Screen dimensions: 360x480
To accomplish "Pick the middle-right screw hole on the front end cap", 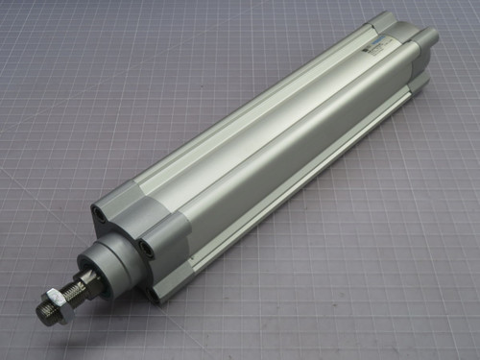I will (x=146, y=247).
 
